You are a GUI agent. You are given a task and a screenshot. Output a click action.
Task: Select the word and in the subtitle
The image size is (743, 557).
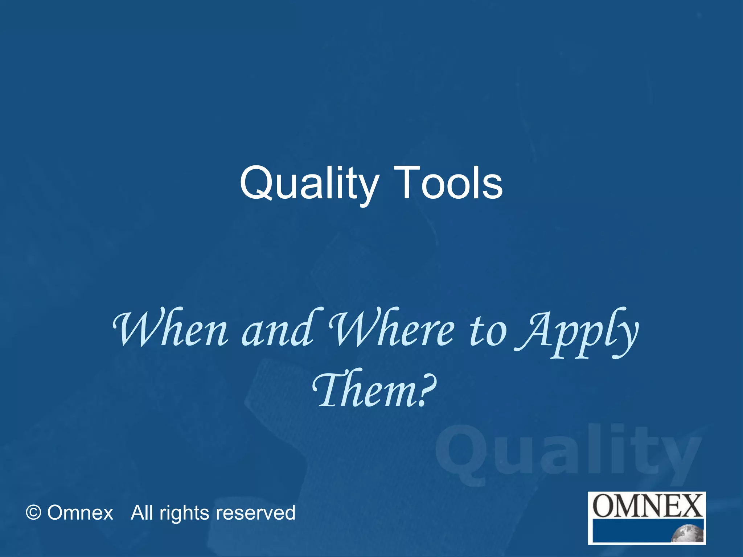(x=278, y=328)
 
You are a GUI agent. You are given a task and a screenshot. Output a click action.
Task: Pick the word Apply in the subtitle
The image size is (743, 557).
(x=577, y=332)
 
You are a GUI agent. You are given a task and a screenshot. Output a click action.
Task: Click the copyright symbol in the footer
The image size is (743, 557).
(x=33, y=513)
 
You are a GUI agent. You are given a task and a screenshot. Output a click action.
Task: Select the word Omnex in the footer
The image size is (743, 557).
(x=80, y=513)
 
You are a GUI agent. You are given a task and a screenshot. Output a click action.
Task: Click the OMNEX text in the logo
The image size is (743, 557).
(x=647, y=506)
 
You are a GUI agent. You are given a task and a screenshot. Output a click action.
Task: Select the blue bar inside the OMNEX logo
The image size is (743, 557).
(x=631, y=531)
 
